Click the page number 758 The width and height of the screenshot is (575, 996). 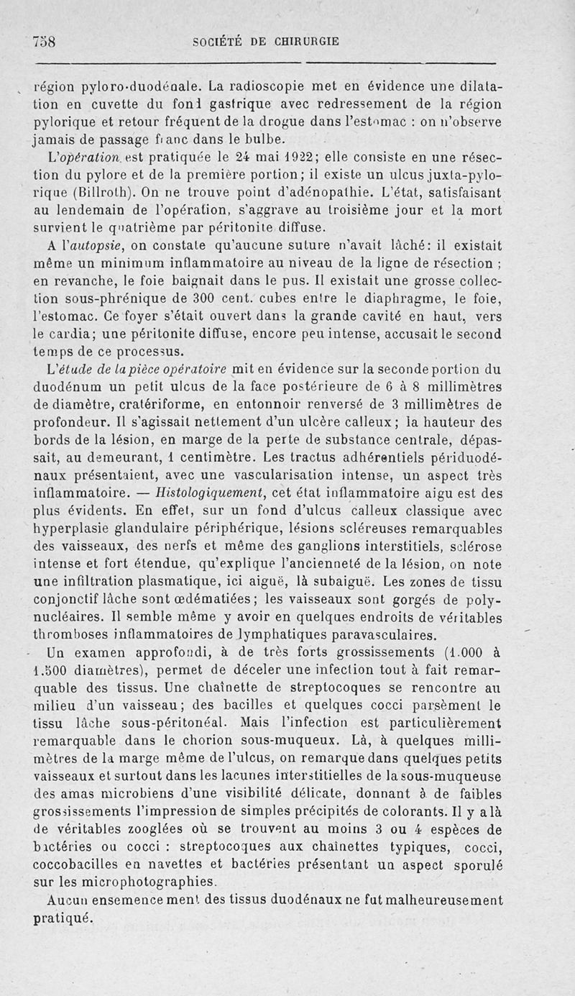tap(45, 42)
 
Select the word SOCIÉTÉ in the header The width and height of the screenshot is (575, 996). tap(218, 42)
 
